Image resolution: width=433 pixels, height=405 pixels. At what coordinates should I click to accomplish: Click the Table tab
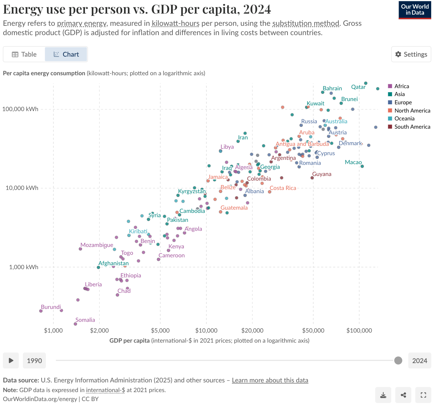24,54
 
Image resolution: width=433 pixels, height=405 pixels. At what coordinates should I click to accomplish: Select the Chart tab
66,54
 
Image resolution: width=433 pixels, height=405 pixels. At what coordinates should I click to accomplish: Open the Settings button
411,54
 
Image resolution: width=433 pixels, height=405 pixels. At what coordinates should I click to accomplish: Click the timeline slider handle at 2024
398,361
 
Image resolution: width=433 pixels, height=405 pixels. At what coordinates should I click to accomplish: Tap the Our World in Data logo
415,10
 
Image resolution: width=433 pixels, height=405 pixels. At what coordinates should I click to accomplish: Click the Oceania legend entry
404,119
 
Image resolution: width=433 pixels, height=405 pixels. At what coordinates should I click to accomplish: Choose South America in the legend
412,127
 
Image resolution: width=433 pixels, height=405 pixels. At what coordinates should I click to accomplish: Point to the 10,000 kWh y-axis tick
22,188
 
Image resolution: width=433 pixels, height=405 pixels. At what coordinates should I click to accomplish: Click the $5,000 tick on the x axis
160,330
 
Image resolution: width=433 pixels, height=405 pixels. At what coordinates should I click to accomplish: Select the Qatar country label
358,87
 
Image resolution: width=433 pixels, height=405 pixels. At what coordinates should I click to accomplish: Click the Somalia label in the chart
85,320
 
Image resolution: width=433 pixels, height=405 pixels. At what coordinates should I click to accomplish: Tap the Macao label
353,162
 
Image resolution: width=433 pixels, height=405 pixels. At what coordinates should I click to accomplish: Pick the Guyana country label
322,174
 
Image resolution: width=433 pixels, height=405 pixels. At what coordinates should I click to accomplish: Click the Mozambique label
97,245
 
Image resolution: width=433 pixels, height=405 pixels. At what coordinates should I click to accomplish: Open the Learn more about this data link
270,380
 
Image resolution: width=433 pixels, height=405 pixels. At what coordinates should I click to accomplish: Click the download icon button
383,395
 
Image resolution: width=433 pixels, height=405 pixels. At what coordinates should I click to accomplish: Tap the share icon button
403,395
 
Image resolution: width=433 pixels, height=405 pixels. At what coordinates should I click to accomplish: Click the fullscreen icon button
423,395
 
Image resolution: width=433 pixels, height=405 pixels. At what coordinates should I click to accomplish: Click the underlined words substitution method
305,23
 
